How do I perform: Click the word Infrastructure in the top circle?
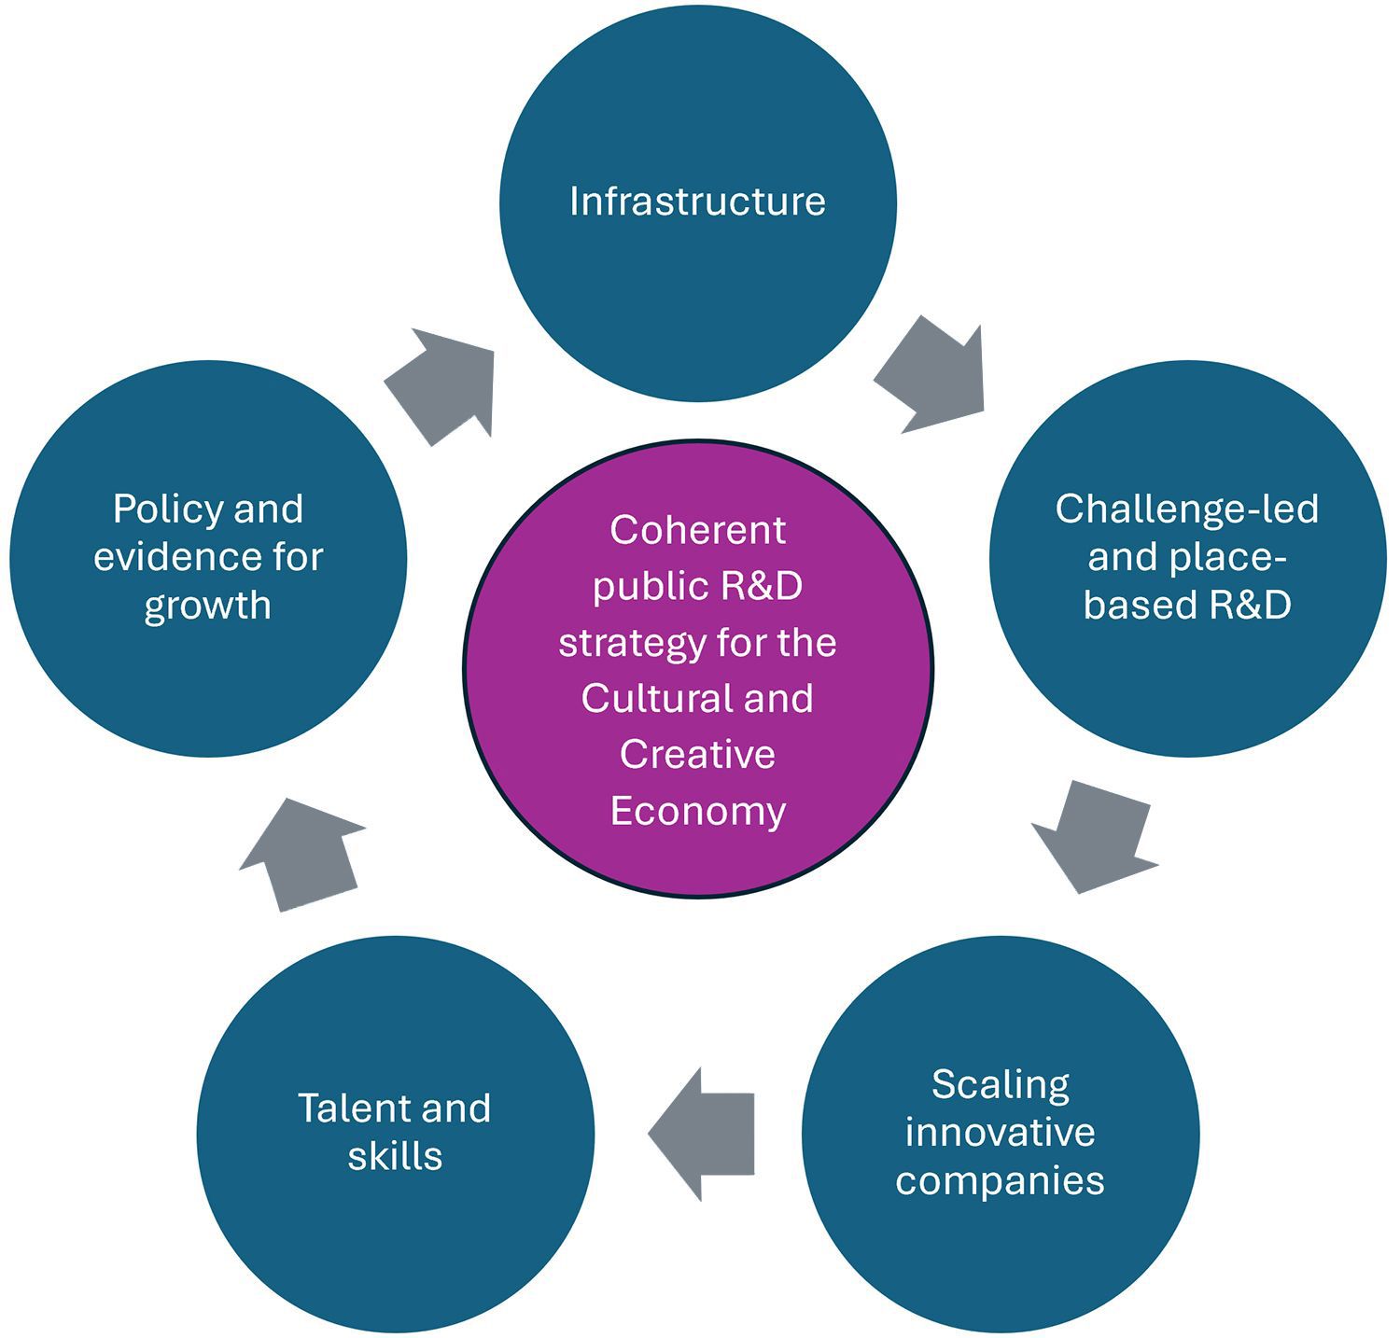(697, 202)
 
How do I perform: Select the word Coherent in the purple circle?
(697, 530)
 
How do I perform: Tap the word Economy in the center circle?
(697, 810)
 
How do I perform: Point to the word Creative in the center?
(697, 754)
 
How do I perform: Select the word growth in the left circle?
(207, 606)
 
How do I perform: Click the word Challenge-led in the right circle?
(1186, 509)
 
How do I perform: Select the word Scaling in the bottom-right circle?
(1000, 1084)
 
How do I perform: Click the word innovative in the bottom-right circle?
(1000, 1132)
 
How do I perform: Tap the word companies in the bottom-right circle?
(1000, 1180)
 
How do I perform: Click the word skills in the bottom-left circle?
(395, 1156)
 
